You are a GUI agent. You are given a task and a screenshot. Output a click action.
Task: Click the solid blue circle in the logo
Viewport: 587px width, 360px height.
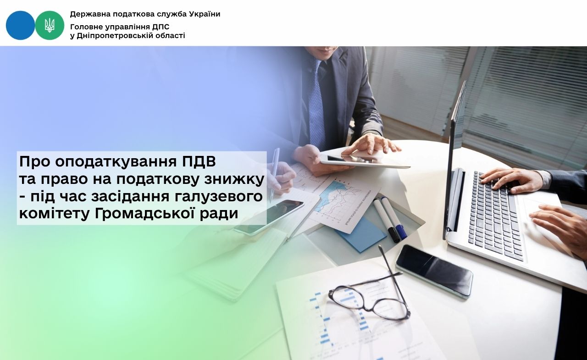[x=20, y=25]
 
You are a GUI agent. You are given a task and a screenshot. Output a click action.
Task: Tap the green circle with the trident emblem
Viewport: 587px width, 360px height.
[x=50, y=25]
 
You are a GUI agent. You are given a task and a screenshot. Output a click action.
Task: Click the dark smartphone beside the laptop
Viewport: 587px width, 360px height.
[x=434, y=271]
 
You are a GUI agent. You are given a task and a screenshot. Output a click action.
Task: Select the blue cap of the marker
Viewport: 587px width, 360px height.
[x=401, y=232]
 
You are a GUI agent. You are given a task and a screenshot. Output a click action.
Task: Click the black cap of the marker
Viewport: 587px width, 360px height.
[x=393, y=235]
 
